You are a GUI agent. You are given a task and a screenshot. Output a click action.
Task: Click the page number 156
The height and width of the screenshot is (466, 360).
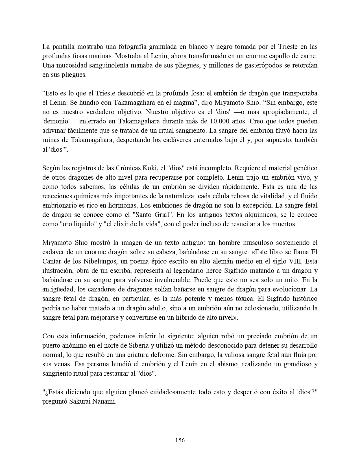(x=180, y=440)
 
